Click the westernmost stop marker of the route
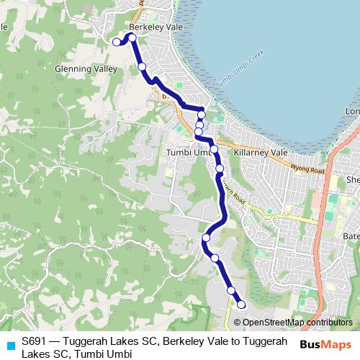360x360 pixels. (x=117, y=42)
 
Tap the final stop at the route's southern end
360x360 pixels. (x=241, y=304)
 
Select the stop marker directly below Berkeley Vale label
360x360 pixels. (x=132, y=37)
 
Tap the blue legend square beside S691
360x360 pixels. (x=10, y=345)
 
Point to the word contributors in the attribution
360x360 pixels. (x=329, y=323)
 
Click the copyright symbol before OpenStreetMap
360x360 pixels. (x=237, y=323)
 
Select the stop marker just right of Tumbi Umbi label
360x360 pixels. (x=214, y=149)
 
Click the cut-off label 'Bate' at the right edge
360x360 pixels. (x=351, y=236)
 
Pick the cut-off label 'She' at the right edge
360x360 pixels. (x=353, y=180)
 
